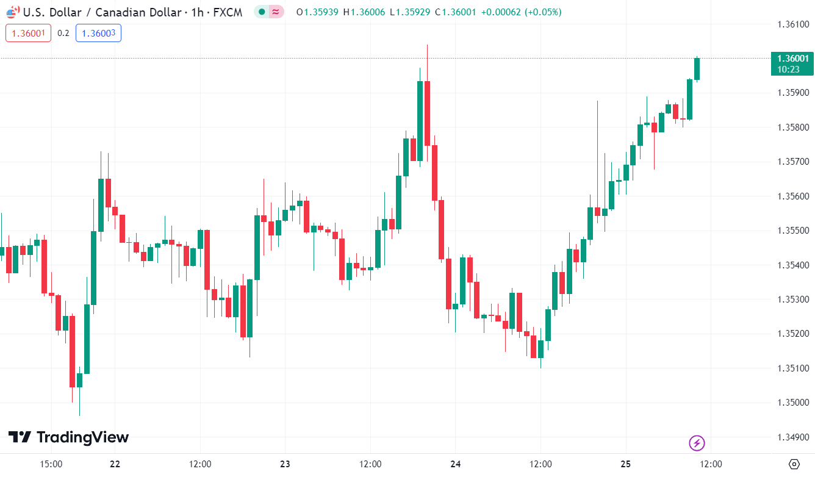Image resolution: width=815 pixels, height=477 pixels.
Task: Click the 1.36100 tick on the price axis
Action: pos(792,24)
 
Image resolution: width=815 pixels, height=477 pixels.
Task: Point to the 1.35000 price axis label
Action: pos(792,403)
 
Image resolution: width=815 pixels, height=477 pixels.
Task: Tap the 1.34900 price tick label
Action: pos(792,437)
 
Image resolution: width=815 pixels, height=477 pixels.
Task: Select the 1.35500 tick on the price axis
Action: pos(792,231)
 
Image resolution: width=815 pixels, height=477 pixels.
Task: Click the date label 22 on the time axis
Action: pos(115,464)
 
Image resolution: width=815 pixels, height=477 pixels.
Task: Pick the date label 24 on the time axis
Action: pos(456,464)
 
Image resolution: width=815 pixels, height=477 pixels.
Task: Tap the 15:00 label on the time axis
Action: pos(51,464)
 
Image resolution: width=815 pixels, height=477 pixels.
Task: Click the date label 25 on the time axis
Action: pos(626,464)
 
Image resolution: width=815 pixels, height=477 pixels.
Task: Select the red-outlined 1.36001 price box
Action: pos(28,33)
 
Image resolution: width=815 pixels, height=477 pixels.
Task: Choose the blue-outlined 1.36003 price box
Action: pos(98,33)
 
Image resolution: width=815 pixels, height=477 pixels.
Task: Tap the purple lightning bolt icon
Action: pos(697,443)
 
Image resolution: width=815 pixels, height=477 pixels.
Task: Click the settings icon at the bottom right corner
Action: pos(794,464)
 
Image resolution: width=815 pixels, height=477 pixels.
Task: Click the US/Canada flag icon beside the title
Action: pos(13,12)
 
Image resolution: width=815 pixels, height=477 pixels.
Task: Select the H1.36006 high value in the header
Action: pos(364,12)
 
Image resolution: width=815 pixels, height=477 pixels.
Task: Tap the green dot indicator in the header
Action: pos(262,12)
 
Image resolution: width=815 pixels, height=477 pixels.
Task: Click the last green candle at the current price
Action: pos(697,69)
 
